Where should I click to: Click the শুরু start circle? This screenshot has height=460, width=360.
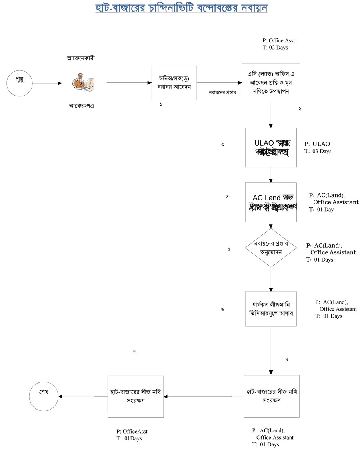point(19,84)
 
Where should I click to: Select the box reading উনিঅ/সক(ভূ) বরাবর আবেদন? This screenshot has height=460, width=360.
point(175,83)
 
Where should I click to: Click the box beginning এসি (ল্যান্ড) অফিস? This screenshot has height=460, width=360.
point(271,83)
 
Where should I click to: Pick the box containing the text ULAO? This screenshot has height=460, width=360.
point(271,147)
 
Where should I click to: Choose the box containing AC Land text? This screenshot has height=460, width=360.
point(271,202)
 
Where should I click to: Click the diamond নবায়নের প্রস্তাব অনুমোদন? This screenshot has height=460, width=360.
point(271,248)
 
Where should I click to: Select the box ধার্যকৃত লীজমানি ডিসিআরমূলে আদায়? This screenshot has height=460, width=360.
point(271,309)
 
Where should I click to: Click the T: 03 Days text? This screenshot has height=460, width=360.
point(318,152)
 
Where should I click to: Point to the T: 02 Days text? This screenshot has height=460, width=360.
point(275,48)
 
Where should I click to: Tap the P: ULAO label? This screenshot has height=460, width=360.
point(317,144)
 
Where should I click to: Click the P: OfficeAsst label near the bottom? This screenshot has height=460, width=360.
point(132,432)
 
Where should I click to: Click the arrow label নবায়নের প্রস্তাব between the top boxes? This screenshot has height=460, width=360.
point(222,92)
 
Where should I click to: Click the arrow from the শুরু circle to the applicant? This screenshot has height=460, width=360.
point(47,84)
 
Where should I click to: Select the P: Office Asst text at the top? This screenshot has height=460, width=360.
point(279,40)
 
